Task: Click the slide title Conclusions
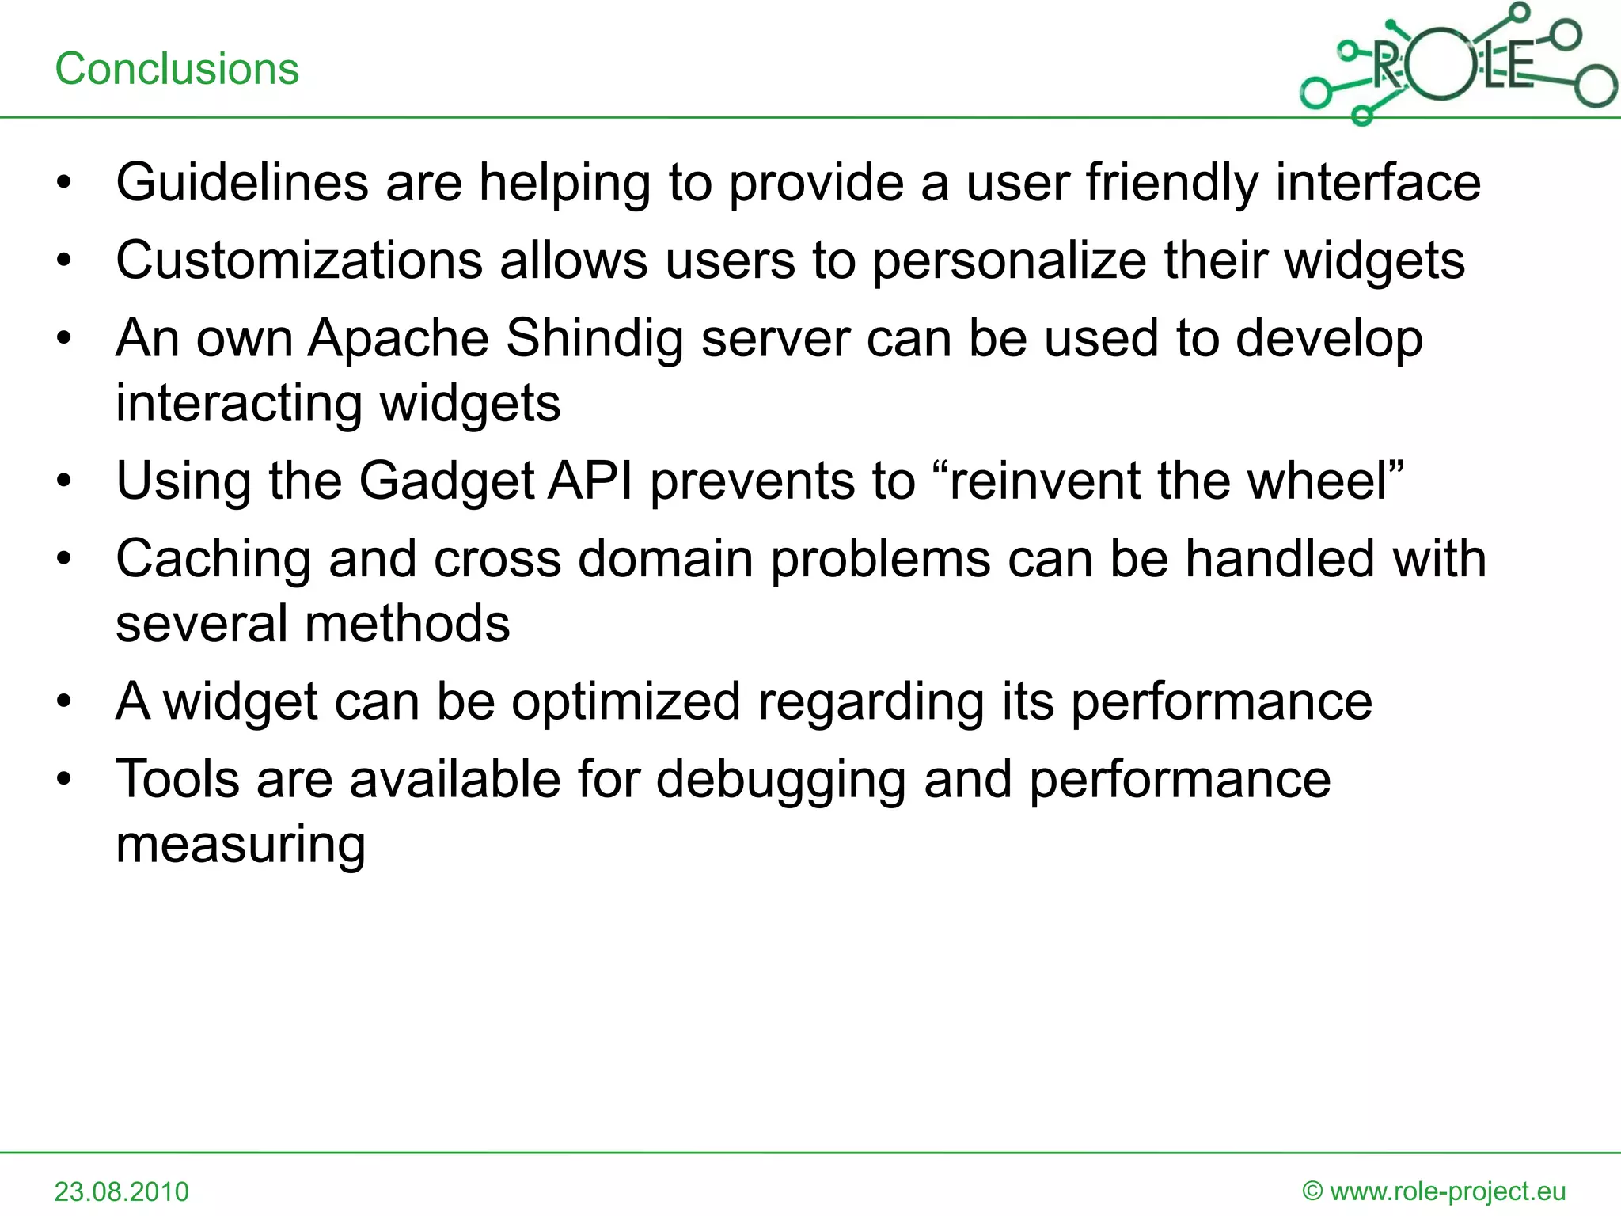click(177, 69)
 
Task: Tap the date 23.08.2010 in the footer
click(122, 1191)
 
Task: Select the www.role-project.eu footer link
click(1448, 1191)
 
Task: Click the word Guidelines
click(241, 182)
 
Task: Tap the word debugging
click(780, 779)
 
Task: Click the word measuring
click(241, 844)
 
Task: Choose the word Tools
click(177, 779)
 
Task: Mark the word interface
click(1378, 182)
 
